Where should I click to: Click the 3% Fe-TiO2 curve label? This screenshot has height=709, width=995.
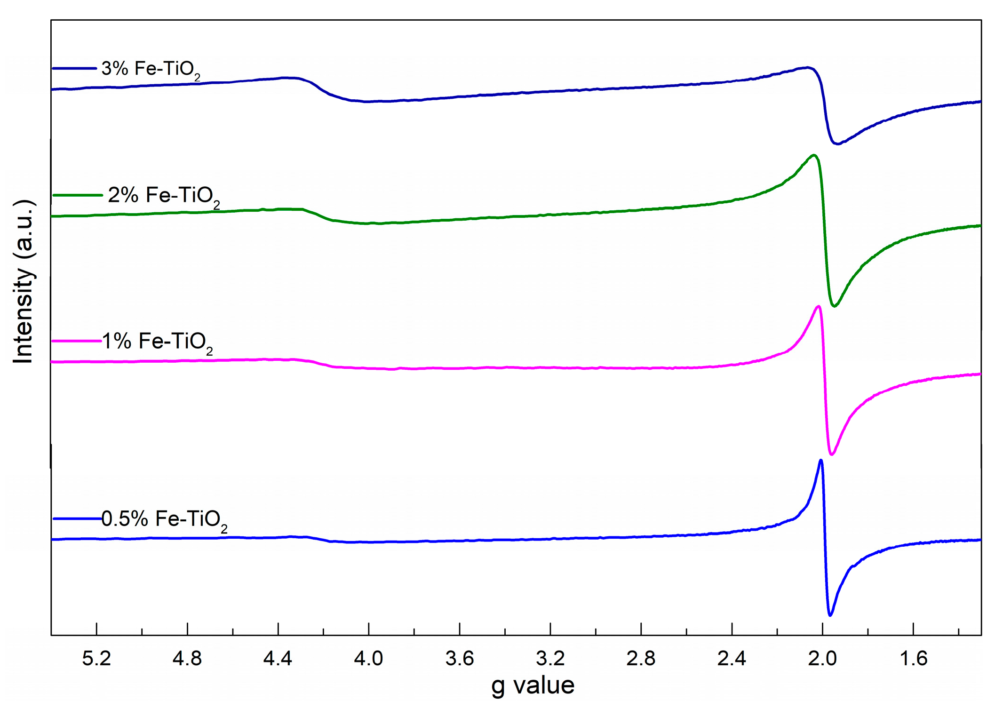tap(151, 69)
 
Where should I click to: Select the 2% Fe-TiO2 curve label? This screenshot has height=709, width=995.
tap(163, 196)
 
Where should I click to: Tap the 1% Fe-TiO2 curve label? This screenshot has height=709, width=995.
tap(157, 342)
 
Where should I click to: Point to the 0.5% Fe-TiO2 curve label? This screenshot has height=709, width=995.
tap(164, 519)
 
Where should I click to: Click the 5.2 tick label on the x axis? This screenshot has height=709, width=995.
tap(96, 659)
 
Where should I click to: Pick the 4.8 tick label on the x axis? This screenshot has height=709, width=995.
tap(187, 659)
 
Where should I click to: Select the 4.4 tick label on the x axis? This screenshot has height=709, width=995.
tap(278, 659)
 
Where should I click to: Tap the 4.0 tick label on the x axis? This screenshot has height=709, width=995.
tap(369, 659)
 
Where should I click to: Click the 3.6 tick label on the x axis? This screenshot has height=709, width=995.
tap(460, 659)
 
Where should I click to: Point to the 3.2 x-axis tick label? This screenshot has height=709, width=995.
tap(550, 659)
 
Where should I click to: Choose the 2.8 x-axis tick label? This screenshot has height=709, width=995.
tap(641, 659)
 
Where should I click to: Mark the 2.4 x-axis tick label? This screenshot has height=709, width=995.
tap(732, 659)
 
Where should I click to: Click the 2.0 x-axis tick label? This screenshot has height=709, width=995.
tap(822, 659)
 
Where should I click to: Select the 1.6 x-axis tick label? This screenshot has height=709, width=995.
tap(913, 659)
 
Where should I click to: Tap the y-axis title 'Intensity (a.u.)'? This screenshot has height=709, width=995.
tap(24, 281)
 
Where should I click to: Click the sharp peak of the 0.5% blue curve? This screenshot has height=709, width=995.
tap(821, 460)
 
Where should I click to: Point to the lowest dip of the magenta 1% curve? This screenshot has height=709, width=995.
tap(832, 454)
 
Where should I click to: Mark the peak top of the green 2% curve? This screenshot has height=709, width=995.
tap(814, 155)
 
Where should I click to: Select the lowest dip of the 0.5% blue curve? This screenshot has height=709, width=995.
tap(830, 615)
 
